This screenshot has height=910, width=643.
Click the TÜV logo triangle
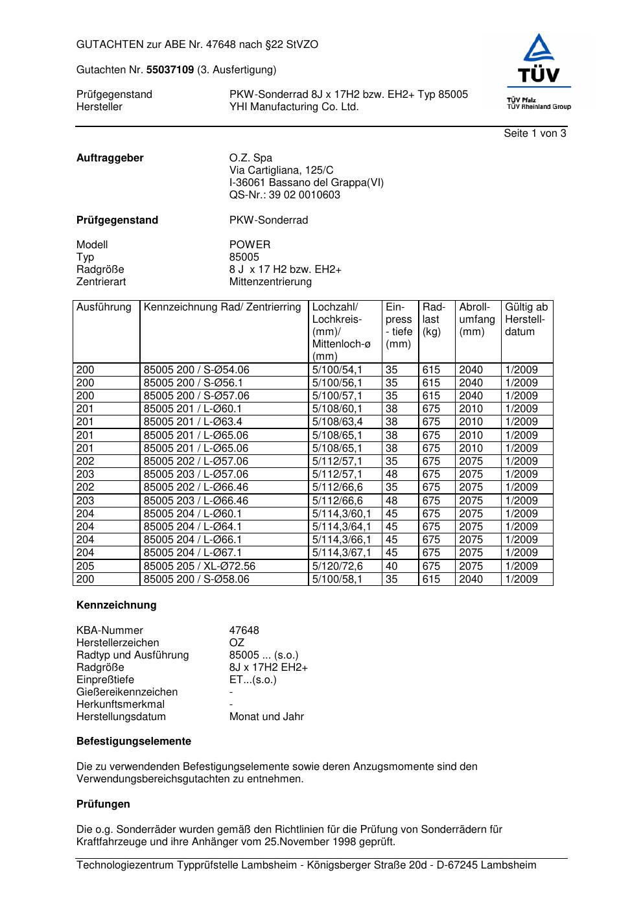point(539,49)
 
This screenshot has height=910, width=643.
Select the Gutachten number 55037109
point(170,69)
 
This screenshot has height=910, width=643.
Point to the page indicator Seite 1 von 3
point(535,134)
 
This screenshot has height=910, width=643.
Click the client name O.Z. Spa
point(251,157)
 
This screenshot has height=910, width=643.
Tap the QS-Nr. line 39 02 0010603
point(285,195)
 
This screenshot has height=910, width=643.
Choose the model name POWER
point(250,244)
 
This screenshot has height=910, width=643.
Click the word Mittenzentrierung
point(270,282)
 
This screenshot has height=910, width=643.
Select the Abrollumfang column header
point(477,319)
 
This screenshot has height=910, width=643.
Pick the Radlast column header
point(434,319)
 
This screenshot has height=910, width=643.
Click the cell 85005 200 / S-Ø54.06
point(196,370)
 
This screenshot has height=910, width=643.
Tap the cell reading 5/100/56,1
point(337,383)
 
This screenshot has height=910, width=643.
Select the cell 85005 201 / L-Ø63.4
point(193,422)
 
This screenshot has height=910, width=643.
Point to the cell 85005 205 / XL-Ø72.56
point(200,566)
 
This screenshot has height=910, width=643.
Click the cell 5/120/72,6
point(337,566)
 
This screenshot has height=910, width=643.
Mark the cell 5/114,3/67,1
point(342,553)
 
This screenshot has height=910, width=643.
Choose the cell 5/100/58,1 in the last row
point(337,579)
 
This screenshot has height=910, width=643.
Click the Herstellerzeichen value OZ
point(237,642)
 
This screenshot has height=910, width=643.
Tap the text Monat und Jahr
point(266,717)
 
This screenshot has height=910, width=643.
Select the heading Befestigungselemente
point(134,741)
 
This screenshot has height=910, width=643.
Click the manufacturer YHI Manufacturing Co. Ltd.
point(294,107)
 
